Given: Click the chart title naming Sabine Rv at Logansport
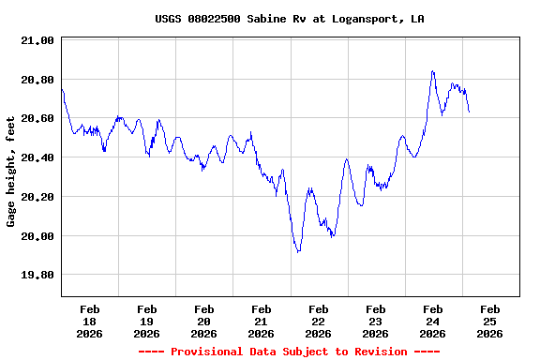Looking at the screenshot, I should click(x=289, y=19).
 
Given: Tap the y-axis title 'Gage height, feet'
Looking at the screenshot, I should click(x=11, y=172).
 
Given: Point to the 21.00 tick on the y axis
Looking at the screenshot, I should click(x=37, y=41).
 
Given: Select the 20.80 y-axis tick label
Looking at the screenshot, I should click(x=37, y=80).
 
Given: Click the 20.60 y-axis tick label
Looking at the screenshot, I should click(x=37, y=119).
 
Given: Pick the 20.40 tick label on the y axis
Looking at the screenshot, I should click(x=37, y=158).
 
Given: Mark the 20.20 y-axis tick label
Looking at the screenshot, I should click(x=37, y=198).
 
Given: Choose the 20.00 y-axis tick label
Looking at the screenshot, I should click(x=37, y=236).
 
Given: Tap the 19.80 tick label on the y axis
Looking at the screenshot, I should click(x=37, y=276).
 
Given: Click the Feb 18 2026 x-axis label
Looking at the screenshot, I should click(x=90, y=321).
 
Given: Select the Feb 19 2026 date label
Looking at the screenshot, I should click(x=147, y=321).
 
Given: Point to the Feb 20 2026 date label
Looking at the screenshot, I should click(x=204, y=321).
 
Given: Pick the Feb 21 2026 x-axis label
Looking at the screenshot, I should click(x=262, y=321).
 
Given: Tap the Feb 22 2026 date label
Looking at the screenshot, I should click(x=319, y=321).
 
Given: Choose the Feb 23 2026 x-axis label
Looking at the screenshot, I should click(x=376, y=321).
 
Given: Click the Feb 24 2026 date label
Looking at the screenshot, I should click(x=433, y=321).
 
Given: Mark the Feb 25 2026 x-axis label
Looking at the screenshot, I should click(x=489, y=321).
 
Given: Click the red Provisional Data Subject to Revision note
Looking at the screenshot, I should click(x=289, y=352).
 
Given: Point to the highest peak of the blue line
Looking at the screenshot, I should click(x=432, y=71).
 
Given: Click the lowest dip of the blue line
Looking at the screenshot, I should click(x=298, y=251).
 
